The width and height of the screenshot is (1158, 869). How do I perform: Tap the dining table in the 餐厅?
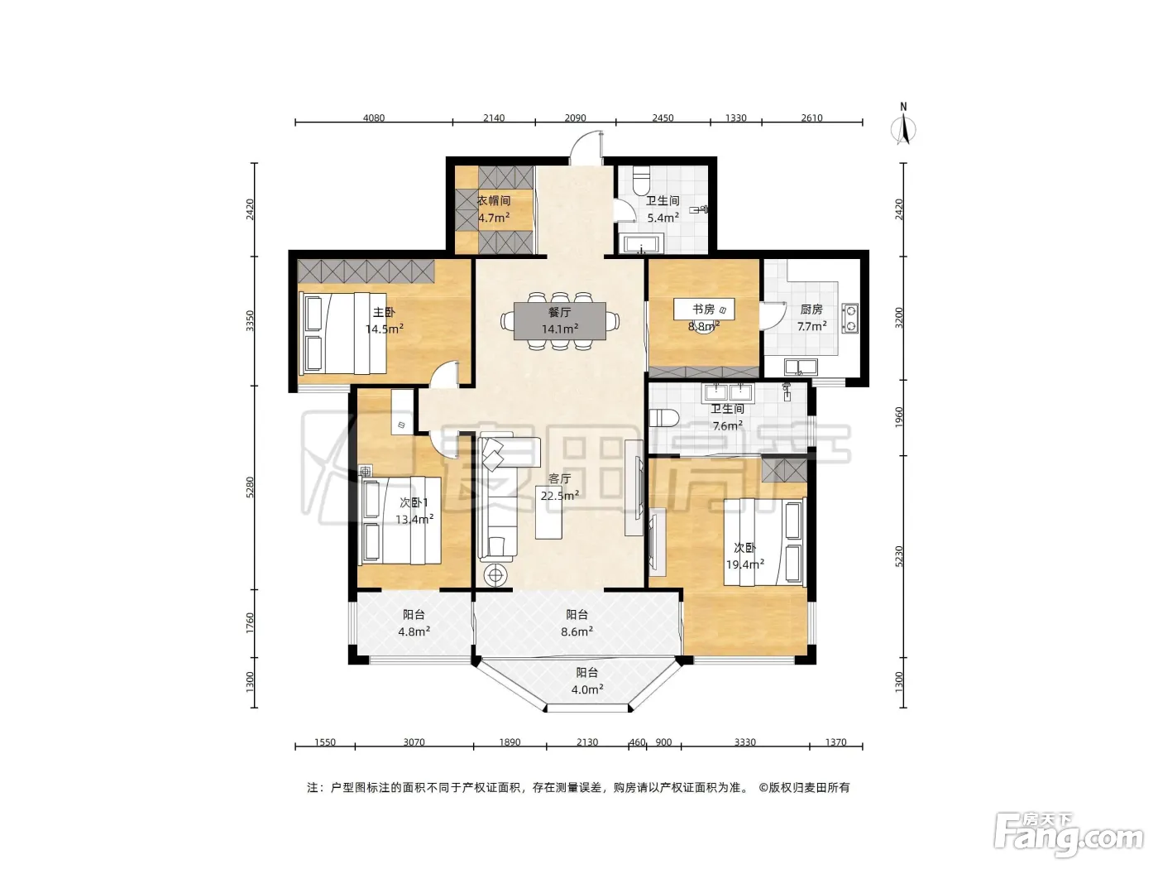point(560,320)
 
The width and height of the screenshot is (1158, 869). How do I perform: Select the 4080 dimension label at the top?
point(374,118)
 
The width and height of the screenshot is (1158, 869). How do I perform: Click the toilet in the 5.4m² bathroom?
point(642,180)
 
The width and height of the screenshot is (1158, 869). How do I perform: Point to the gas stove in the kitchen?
point(850,318)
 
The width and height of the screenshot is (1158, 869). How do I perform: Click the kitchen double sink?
point(801,367)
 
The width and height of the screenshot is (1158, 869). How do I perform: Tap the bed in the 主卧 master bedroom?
point(342,334)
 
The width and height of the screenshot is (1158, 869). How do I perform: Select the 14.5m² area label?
point(385,329)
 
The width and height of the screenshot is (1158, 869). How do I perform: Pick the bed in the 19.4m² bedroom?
point(764,542)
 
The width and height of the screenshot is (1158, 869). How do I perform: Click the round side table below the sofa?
point(495,575)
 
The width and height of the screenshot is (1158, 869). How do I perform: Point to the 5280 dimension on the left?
point(250,487)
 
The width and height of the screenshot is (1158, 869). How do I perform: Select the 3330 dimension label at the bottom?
point(745,742)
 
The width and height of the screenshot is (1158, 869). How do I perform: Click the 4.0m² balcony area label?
point(587,689)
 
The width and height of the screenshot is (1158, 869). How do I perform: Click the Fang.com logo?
point(1068,836)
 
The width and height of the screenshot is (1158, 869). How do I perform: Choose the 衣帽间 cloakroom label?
point(494,200)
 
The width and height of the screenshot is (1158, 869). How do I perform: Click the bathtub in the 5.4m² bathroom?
point(641,245)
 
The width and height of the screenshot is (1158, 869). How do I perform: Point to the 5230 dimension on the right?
point(899,557)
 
